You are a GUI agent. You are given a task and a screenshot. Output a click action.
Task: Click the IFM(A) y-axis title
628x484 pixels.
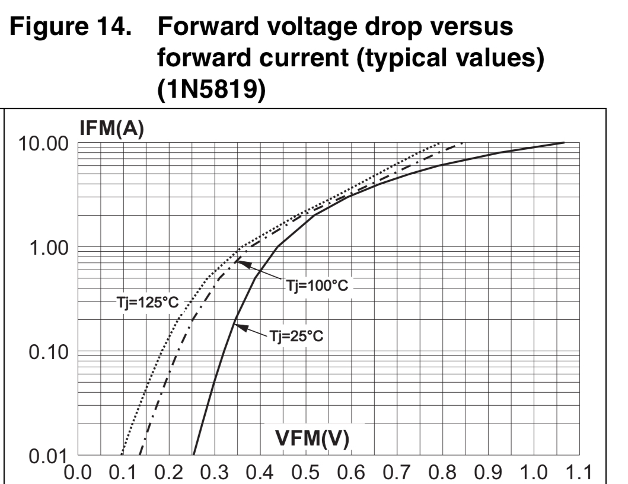pos(112,130)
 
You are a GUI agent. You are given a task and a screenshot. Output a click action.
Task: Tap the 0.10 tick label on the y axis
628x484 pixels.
pos(47,352)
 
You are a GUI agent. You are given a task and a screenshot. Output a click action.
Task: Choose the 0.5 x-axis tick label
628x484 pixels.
pos(307,472)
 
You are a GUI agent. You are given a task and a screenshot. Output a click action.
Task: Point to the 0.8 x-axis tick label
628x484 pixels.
pos(442,472)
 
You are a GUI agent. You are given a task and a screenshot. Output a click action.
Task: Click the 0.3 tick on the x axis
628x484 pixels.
pos(215,472)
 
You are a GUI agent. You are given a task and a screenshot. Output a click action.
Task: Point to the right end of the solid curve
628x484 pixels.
pos(563,143)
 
